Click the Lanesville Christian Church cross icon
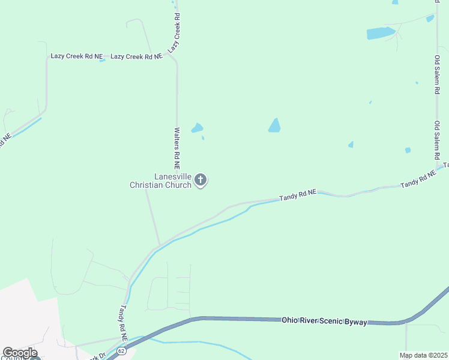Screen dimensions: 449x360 [201, 179]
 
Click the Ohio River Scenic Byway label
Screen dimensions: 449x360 [324, 321]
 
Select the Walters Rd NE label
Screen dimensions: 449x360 [177, 148]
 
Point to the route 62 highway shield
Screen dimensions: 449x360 [122, 350]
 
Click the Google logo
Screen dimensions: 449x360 [20, 353]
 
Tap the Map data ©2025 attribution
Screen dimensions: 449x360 [423, 355]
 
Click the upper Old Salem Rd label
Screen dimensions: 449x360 [438, 75]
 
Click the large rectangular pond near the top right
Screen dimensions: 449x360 [381, 33]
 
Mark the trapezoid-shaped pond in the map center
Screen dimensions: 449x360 [274, 125]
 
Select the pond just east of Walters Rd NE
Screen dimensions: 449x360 [197, 128]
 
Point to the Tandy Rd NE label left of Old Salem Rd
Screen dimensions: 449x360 [418, 179]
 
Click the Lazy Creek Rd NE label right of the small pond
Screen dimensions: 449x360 [136, 56]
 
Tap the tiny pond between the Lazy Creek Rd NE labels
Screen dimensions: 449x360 [103, 59]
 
